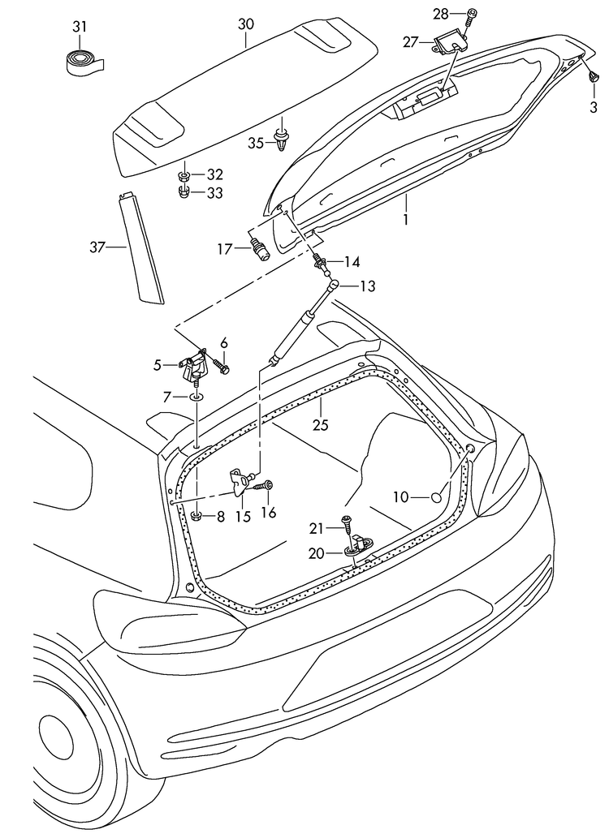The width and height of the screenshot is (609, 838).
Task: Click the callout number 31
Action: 79,28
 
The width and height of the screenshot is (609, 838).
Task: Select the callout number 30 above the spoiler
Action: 246,24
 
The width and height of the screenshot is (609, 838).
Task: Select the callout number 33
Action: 214,193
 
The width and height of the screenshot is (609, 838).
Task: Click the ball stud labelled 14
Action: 321,262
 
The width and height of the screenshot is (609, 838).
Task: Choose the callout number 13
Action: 368,286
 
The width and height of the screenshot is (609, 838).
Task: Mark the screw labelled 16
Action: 266,485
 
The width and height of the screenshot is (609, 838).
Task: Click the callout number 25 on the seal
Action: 320,424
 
